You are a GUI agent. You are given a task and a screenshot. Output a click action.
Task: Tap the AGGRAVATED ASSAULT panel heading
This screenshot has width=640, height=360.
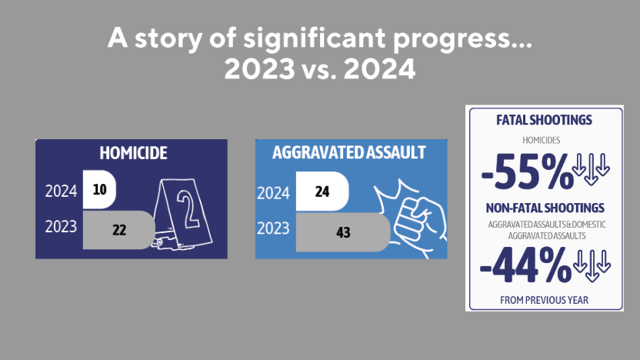coord(348,152)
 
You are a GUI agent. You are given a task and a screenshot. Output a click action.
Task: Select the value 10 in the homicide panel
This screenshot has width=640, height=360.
coord(99,190)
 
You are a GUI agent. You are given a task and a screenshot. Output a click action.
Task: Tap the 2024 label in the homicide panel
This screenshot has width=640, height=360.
coord(62,191)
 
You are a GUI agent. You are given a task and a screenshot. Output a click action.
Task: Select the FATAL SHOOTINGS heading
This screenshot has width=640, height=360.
coord(544,121)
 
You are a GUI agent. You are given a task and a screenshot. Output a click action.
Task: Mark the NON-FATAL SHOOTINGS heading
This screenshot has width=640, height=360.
coord(544,208)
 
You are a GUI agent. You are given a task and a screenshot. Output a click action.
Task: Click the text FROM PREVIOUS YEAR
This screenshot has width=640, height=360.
coord(544,299)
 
